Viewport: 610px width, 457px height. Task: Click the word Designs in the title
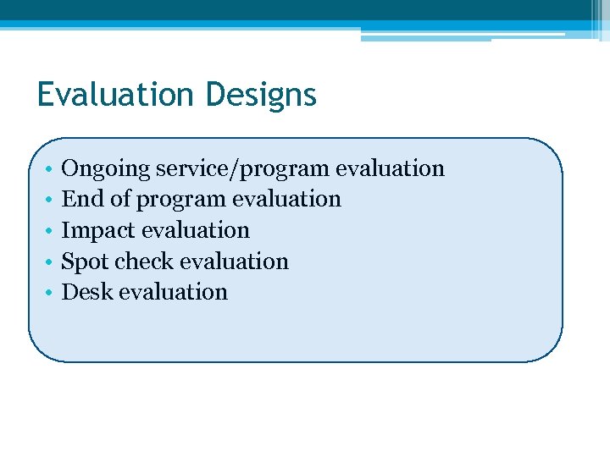point(260,96)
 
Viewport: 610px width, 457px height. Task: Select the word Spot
point(86,262)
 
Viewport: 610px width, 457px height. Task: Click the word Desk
point(87,292)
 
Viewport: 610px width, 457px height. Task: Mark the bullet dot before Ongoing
point(51,169)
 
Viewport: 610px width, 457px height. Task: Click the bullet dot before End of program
point(51,200)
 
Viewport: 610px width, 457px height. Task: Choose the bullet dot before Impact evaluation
point(51,231)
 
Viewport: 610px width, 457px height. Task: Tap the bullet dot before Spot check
point(51,262)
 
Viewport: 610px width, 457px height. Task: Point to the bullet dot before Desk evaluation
point(51,293)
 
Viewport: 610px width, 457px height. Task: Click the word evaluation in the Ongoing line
point(390,168)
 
